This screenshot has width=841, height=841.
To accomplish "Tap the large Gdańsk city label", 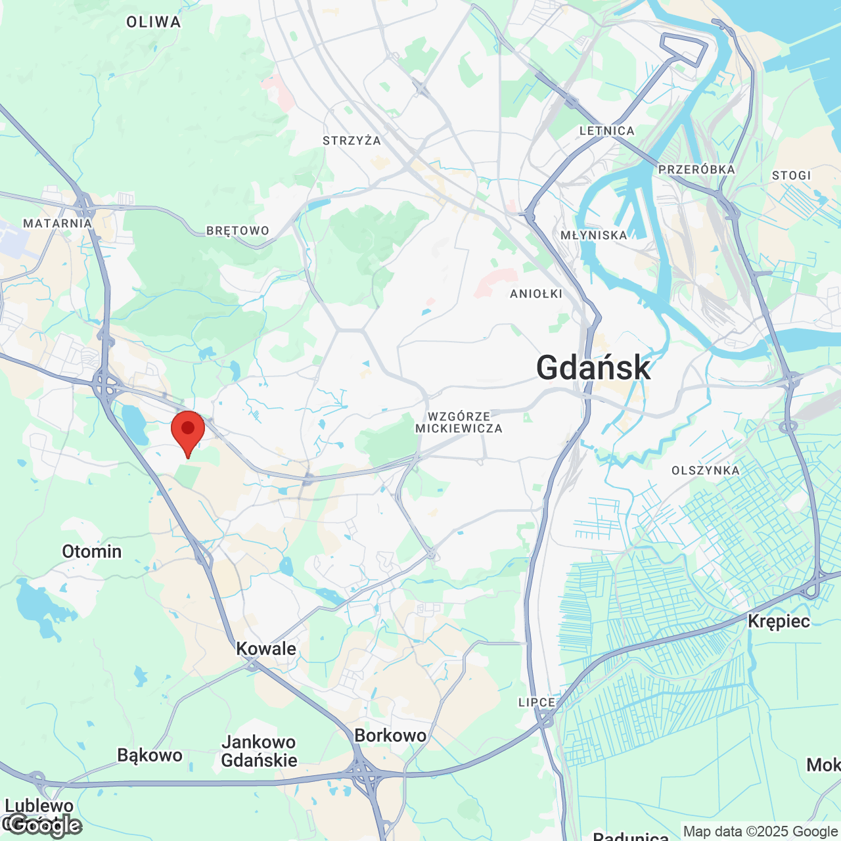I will pyautogui.click(x=593, y=367).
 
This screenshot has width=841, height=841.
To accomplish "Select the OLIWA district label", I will pyautogui.click(x=154, y=22).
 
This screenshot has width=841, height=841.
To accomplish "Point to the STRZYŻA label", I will pyautogui.click(x=352, y=141).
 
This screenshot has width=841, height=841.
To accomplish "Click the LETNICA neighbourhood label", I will pyautogui.click(x=606, y=131).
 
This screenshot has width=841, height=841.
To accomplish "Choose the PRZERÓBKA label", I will pyautogui.click(x=696, y=170).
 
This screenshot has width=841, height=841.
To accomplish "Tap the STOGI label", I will pyautogui.click(x=791, y=175).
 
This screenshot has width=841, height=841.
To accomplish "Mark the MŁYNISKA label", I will pyautogui.click(x=594, y=235).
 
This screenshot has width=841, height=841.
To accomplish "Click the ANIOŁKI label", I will pyautogui.click(x=536, y=294).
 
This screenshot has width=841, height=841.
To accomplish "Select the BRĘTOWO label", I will pyautogui.click(x=238, y=231).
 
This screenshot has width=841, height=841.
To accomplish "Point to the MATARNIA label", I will pyautogui.click(x=58, y=223).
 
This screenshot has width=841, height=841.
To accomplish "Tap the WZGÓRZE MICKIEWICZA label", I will pyautogui.click(x=459, y=422).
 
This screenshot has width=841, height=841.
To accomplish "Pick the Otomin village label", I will pyautogui.click(x=92, y=551).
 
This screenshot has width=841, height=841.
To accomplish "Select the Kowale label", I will pyautogui.click(x=266, y=648).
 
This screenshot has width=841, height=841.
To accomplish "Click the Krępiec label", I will pyautogui.click(x=779, y=621).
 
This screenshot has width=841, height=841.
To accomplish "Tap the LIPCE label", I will pyautogui.click(x=537, y=702).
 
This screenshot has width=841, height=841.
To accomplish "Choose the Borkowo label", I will pyautogui.click(x=390, y=735).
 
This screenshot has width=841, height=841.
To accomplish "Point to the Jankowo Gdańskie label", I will pyautogui.click(x=259, y=751).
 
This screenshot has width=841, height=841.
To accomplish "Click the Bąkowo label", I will pyautogui.click(x=150, y=755).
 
